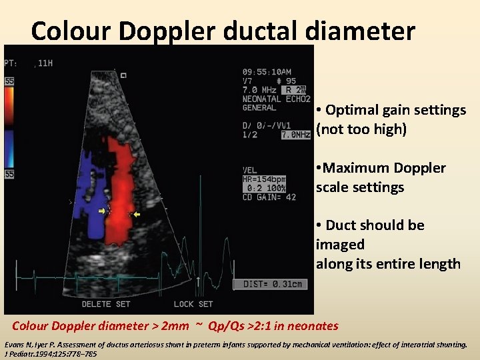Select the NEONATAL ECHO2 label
[x=277, y=99]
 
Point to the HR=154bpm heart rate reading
[x=264, y=180]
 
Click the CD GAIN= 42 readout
[x=269, y=197]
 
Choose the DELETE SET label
[x=106, y=304]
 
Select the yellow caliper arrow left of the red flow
[x=103, y=211]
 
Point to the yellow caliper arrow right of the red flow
[x=137, y=215]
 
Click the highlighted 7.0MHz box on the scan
[x=296, y=135]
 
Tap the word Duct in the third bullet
[x=341, y=225]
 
